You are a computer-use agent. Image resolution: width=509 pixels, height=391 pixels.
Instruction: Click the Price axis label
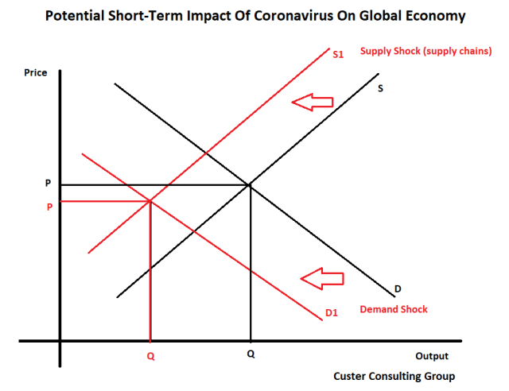[x=36, y=73]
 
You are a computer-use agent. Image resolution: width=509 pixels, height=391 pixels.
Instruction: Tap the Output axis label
[x=432, y=356]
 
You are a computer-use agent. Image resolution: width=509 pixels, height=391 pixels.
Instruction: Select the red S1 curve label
[x=337, y=56]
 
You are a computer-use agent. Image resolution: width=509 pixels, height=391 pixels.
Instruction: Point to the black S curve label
[x=380, y=88]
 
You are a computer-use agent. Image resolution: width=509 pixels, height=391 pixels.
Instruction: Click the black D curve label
[x=398, y=288]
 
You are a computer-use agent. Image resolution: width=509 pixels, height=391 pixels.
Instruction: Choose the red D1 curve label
[x=332, y=314]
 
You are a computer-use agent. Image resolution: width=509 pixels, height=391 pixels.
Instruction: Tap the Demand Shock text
[x=394, y=309]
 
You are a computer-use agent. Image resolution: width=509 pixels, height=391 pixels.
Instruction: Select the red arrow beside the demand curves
[x=321, y=278]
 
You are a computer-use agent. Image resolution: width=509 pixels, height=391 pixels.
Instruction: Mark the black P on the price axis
[x=47, y=184]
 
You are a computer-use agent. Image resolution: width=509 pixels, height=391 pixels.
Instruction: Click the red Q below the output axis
[x=150, y=357]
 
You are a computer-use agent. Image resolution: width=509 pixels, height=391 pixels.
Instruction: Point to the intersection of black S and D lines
[x=251, y=185]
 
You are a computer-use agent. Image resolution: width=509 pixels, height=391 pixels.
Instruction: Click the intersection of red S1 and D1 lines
[x=150, y=200]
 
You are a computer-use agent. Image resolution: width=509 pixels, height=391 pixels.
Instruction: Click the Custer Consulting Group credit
[x=394, y=376]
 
